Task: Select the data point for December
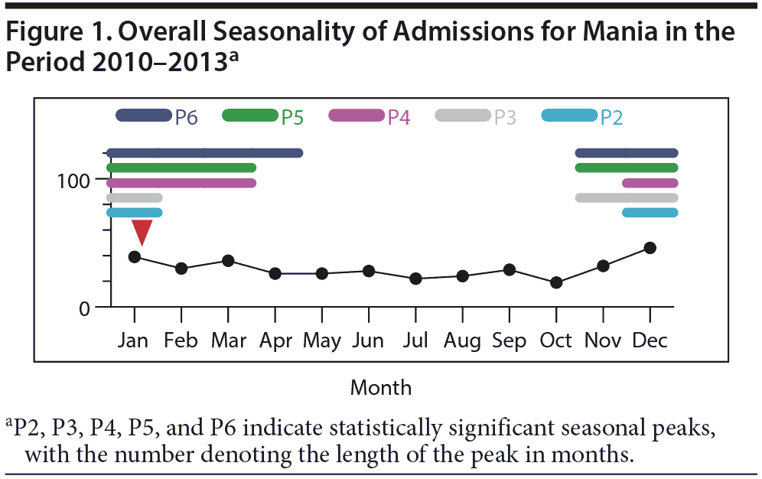[650, 248]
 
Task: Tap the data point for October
[556, 282]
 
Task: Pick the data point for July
[415, 279]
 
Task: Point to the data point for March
[228, 261]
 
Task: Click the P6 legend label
[187, 117]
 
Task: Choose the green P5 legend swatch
[249, 116]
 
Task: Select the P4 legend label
[399, 117]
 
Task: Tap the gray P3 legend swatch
[462, 116]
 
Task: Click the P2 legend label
[611, 117]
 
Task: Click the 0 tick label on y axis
[84, 308]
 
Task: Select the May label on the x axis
[321, 341]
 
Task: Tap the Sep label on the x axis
[510, 341]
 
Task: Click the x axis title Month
[380, 387]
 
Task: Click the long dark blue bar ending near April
[205, 153]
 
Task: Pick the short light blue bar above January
[135, 213]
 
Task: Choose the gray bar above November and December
[626, 198]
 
